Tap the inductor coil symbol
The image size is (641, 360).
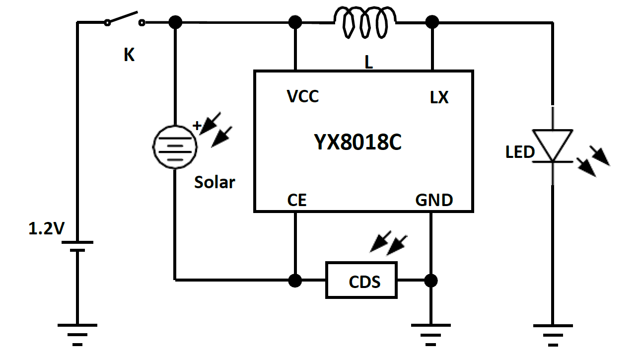coord(365,22)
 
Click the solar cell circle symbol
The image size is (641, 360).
coord(174,146)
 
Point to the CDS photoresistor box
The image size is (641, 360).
coord(361,280)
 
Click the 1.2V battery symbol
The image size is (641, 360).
coord(77,246)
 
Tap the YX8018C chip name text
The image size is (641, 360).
coord(357,143)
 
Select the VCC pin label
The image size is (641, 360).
coord(303,96)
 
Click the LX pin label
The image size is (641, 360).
coord(439,98)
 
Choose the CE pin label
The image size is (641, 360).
coord(297,200)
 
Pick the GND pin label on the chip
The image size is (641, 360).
coord(434,200)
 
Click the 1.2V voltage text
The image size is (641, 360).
coord(46,228)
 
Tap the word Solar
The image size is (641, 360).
coord(214,182)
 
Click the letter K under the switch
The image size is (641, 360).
coord(129,56)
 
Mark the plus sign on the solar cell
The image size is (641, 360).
coord(197,126)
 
